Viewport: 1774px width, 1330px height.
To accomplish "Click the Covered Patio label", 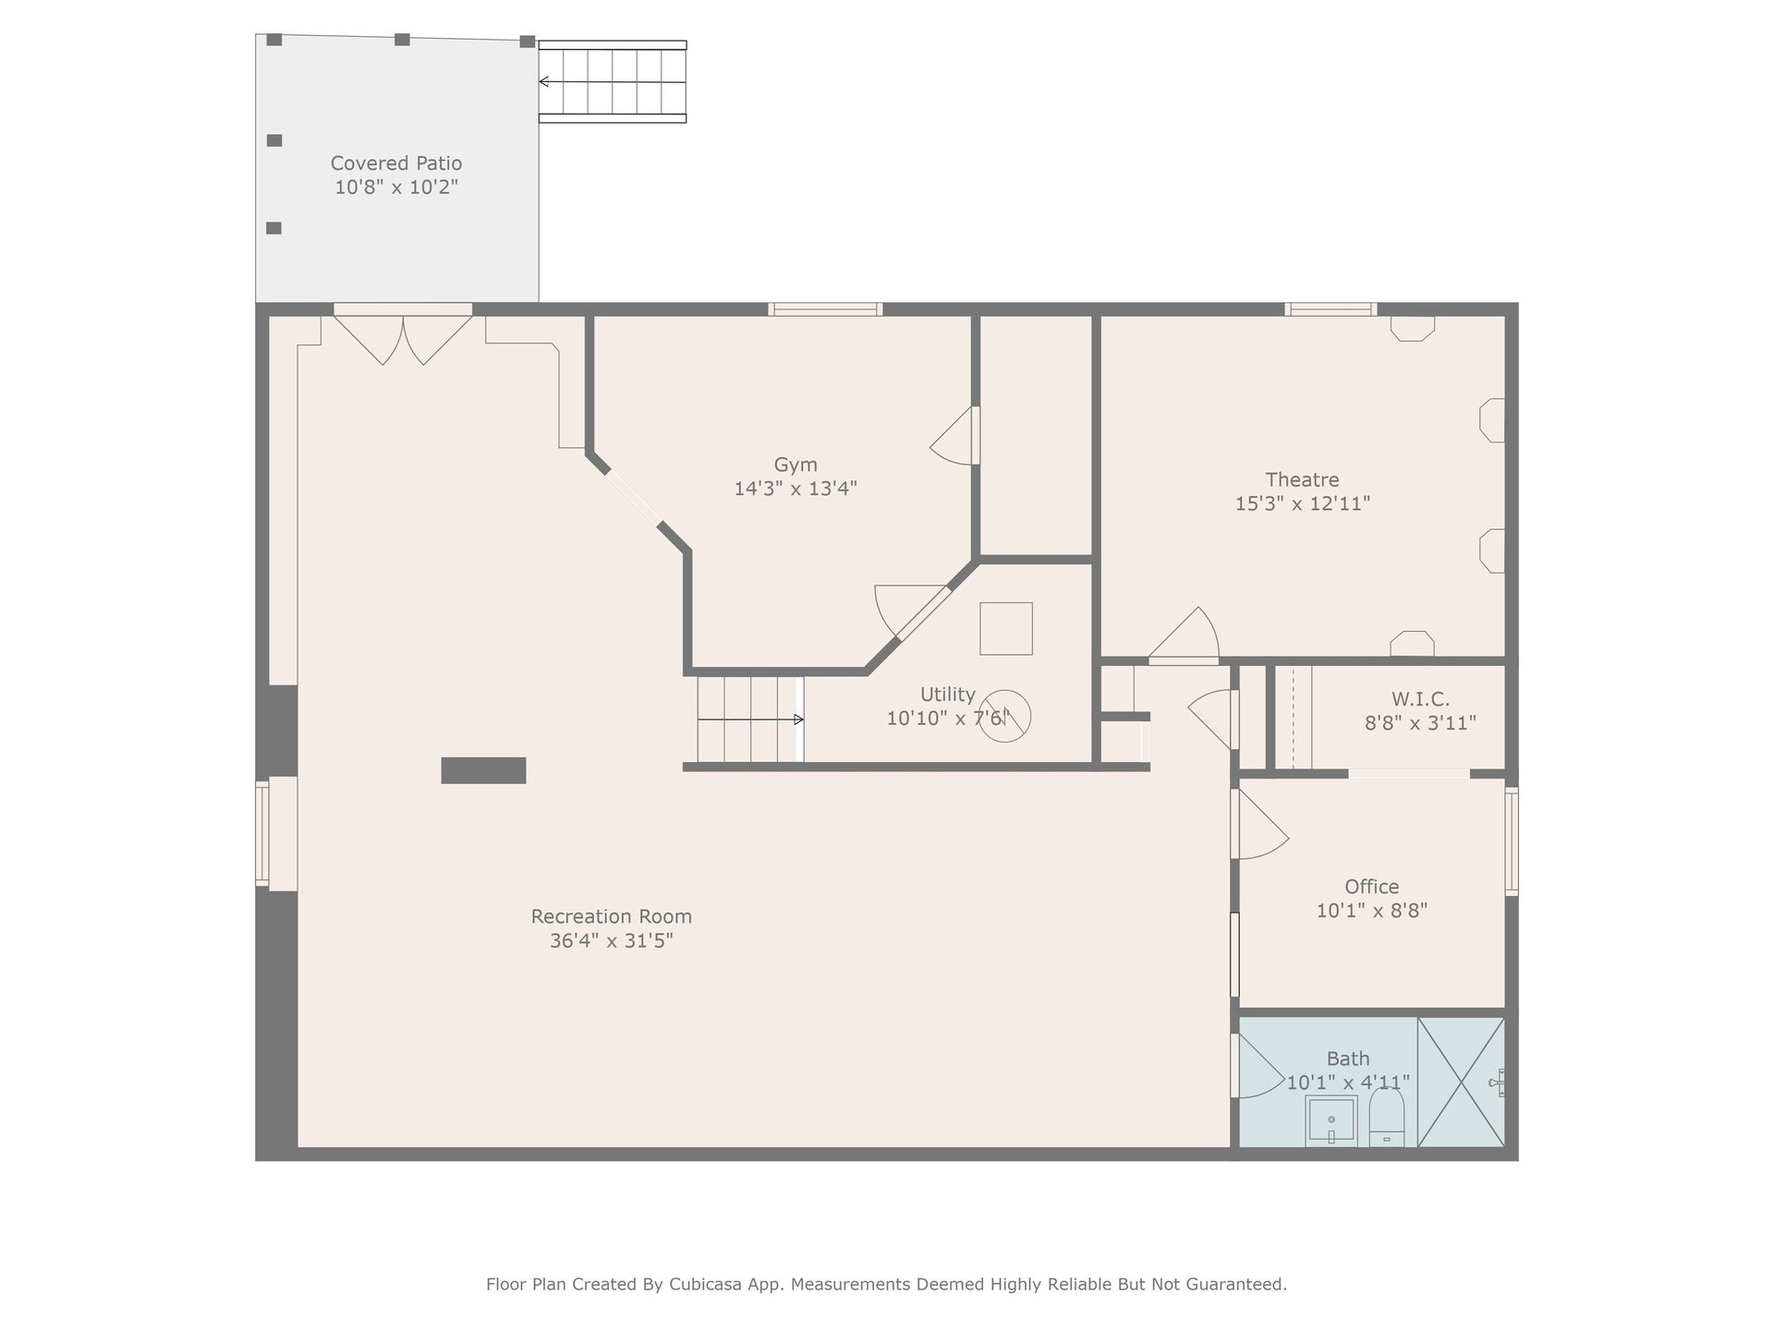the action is point(396,163).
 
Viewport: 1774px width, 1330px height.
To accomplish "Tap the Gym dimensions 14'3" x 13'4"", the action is point(796,489).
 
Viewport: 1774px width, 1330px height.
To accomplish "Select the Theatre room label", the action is point(1302,479).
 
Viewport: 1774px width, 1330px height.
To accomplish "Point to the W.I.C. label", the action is point(1420,699).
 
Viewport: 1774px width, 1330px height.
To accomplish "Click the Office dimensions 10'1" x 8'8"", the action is point(1371,911).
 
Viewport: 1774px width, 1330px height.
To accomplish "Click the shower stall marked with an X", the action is point(1461,1082).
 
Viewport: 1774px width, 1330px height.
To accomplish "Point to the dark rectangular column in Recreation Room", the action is point(483,770).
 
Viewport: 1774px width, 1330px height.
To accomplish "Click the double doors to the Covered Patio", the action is point(403,338).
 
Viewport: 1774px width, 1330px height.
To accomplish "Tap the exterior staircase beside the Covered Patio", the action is point(613,82).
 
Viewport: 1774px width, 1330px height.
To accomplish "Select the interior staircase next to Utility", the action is point(750,719).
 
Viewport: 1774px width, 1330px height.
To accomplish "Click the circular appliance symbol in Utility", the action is point(1004,716).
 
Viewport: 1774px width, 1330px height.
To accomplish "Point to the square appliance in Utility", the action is point(1006,629).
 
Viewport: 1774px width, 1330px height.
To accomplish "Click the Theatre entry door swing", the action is point(1185,634).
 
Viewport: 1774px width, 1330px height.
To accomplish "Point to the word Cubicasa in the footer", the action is point(708,1285).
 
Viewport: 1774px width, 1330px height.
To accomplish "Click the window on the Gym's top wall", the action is point(825,309).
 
